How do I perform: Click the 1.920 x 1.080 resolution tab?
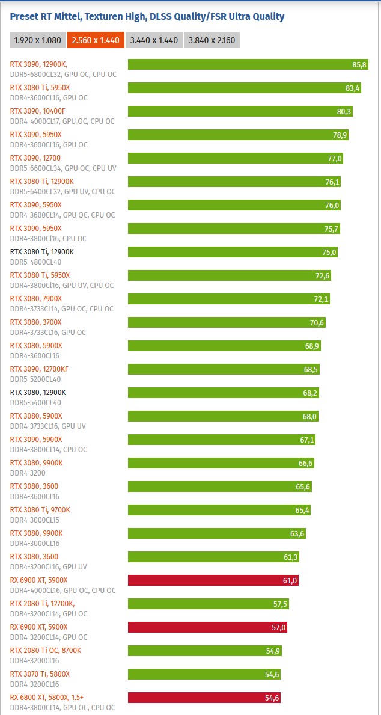point(37,40)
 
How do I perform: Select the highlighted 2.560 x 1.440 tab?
point(96,40)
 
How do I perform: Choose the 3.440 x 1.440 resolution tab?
point(154,40)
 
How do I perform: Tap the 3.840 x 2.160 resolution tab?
point(212,40)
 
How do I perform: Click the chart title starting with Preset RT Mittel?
point(147,17)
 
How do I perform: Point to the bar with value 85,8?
point(240,64)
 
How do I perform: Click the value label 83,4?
point(353,88)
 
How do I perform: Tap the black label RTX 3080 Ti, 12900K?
point(42,252)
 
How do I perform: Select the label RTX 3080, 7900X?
point(36,299)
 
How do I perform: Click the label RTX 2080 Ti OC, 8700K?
point(46,651)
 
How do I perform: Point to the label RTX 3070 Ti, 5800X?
point(40,674)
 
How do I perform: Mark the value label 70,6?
point(317,322)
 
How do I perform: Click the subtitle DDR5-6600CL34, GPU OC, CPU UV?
point(63,168)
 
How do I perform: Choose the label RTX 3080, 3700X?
point(36,322)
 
